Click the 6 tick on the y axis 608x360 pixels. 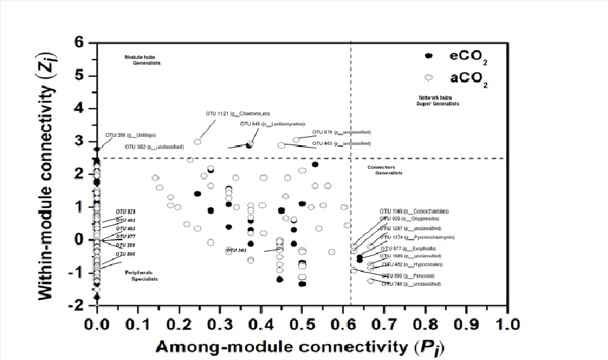[x=80, y=43]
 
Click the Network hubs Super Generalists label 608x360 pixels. [x=438, y=100]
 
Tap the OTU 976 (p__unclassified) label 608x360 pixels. [x=341, y=132]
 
